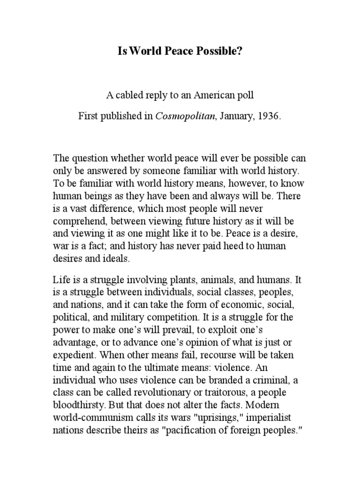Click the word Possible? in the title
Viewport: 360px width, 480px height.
218,51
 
